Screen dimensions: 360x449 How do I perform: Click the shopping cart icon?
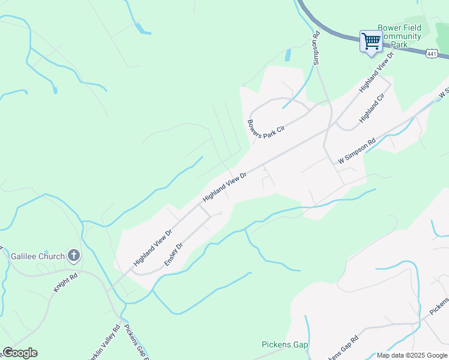[371, 41]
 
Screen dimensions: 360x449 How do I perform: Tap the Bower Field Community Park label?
[400, 36]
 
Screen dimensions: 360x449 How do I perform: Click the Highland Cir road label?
[372, 109]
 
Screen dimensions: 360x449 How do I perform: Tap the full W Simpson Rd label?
[357, 151]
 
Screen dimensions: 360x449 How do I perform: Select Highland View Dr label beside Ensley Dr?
[153, 247]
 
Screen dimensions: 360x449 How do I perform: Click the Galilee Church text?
[37, 256]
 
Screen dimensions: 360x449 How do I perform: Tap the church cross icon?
[74, 256]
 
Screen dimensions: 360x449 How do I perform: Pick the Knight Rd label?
[66, 283]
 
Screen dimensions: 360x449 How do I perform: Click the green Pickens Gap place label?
[285, 344]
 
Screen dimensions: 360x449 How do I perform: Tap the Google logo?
[20, 353]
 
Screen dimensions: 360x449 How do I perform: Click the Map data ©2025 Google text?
[412, 355]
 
